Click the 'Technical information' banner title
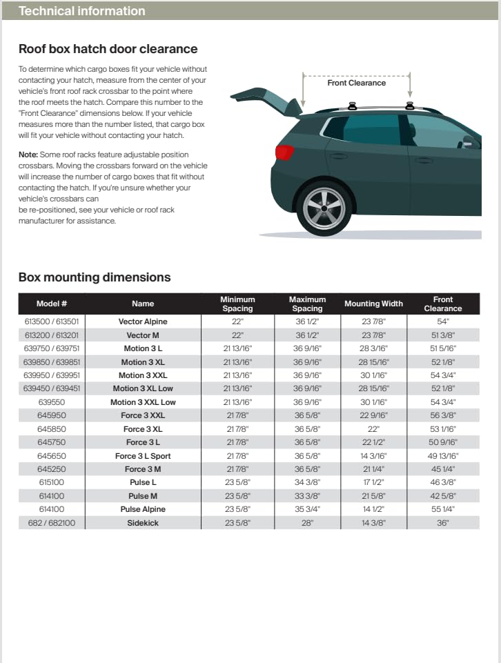(x=81, y=11)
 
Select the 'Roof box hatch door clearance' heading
(x=108, y=49)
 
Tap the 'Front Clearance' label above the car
(x=356, y=83)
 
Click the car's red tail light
(x=284, y=152)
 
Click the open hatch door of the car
(x=266, y=99)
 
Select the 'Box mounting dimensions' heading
(x=95, y=277)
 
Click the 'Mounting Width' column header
(x=373, y=304)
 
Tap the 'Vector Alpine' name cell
(x=143, y=321)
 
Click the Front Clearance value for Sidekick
(x=442, y=523)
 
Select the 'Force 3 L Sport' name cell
(x=143, y=456)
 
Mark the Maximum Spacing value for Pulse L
(x=307, y=483)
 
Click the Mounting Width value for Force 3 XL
(x=373, y=429)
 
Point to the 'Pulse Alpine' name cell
(x=143, y=510)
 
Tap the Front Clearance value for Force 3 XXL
(x=442, y=416)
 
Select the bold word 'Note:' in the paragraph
(x=28, y=155)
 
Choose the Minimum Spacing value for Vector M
(x=237, y=335)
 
